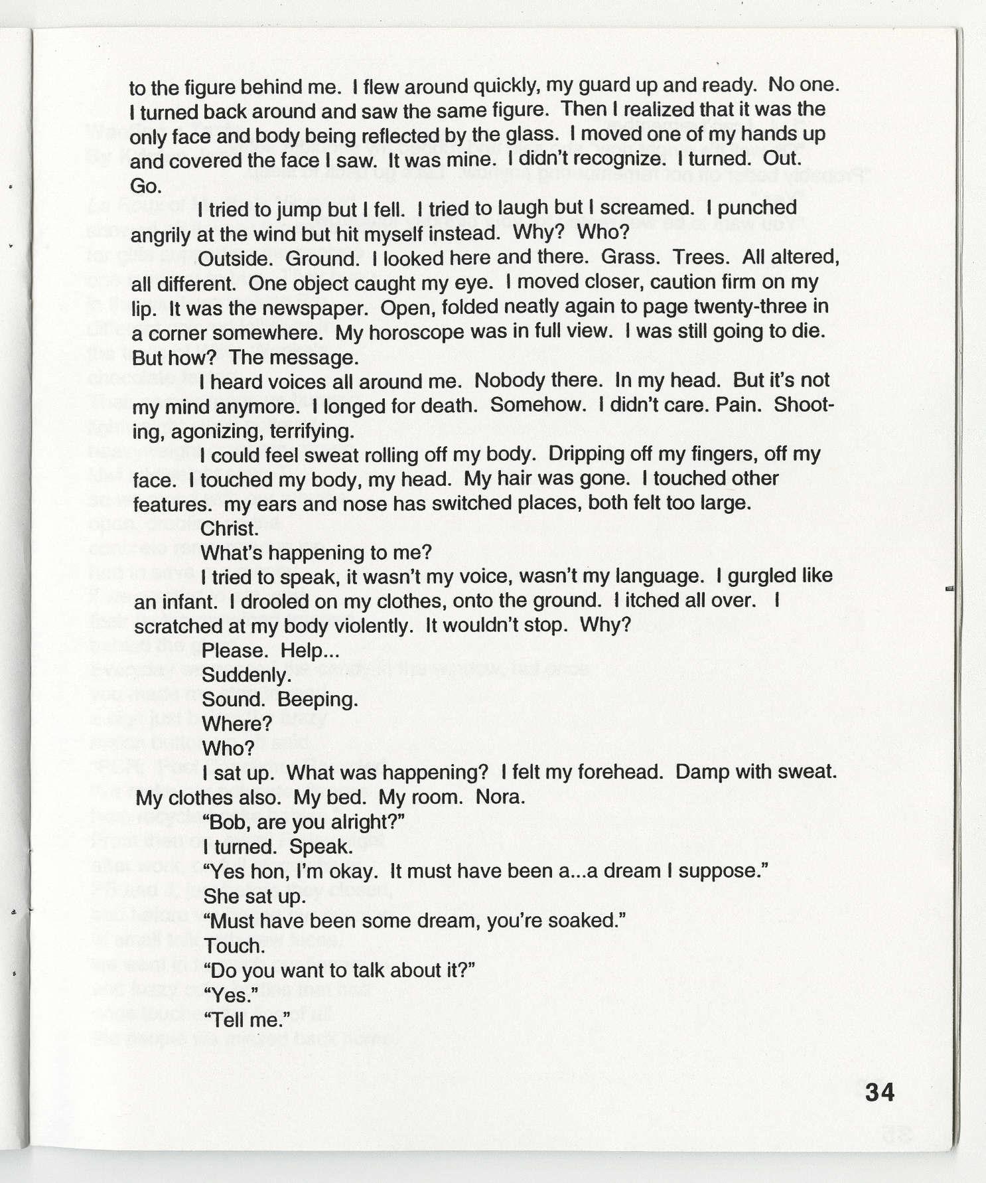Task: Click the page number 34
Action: click(880, 1092)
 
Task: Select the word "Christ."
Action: click(229, 528)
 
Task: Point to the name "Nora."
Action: click(500, 797)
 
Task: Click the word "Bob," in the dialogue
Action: click(228, 822)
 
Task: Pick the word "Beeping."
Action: click(318, 700)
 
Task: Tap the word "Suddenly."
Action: click(246, 676)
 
